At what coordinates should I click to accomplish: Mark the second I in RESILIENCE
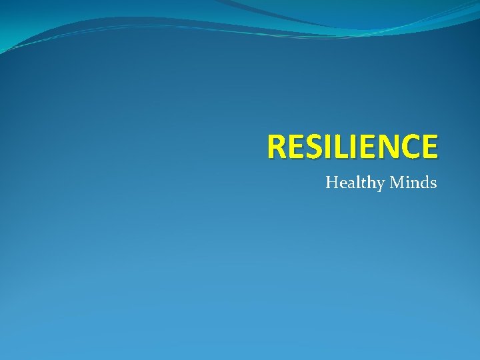click(x=351, y=147)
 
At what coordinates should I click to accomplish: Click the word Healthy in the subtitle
click(x=352, y=182)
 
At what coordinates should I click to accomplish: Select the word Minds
click(x=413, y=181)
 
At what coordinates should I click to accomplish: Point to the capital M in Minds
click(x=396, y=181)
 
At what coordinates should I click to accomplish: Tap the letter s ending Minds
click(x=434, y=183)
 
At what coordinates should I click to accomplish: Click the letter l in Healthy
click(x=355, y=181)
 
